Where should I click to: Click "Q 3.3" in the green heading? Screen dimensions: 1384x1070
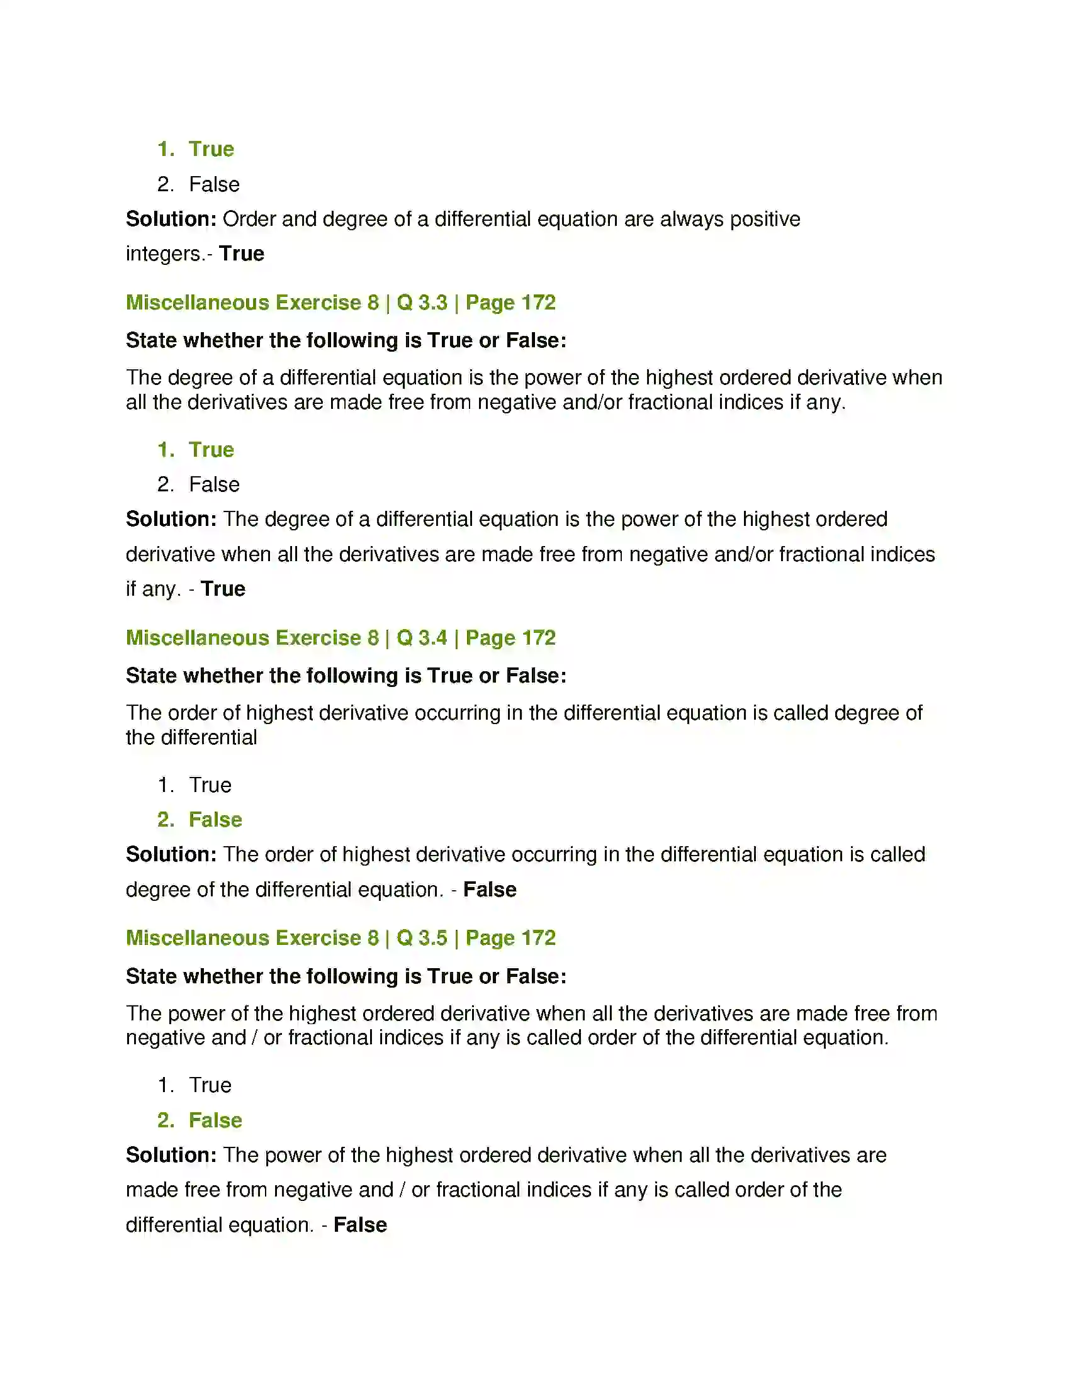tap(422, 303)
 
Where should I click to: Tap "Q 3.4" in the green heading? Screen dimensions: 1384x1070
tap(422, 637)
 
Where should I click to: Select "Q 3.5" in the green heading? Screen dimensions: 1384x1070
tap(422, 938)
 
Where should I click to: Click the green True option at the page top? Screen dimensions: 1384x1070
tap(211, 150)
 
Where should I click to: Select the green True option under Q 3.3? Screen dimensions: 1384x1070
tap(211, 450)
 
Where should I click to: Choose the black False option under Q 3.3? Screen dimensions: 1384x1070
tap(214, 485)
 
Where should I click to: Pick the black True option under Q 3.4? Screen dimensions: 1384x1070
tap(210, 785)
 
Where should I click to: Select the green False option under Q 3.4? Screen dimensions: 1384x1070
tap(215, 820)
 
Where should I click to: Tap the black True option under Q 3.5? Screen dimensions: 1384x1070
tap(210, 1086)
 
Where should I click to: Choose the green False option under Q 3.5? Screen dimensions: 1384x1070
tap(215, 1120)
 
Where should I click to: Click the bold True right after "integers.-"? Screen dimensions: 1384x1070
tap(242, 254)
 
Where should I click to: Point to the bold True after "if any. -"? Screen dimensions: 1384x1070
tap(223, 589)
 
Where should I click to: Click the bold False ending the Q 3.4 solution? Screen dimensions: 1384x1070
tap(489, 890)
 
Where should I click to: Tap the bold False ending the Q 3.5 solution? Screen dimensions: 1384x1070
tap(360, 1225)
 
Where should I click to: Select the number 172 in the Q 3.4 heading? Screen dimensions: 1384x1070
tap(538, 637)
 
